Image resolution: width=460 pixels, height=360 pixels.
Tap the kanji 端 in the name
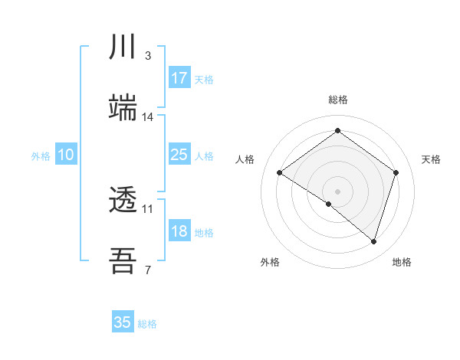point(123,108)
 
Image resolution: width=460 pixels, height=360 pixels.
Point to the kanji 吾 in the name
point(123,261)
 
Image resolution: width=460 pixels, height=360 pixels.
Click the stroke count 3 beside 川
point(147,55)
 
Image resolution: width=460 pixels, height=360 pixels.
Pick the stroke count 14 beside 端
point(148,116)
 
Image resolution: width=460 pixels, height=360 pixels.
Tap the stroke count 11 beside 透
point(148,208)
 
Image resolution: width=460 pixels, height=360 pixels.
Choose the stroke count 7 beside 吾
point(147,269)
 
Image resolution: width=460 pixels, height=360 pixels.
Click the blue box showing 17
point(179,78)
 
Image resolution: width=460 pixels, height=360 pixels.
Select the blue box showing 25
point(179,155)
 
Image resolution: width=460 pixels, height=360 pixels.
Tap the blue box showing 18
point(179,231)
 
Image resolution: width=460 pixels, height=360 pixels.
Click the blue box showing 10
point(66,155)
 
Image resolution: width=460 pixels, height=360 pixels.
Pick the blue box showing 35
point(123,322)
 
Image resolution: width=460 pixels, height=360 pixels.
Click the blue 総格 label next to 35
point(147,324)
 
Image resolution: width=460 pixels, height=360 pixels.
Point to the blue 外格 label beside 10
point(41,156)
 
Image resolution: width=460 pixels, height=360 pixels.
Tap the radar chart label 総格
point(338,100)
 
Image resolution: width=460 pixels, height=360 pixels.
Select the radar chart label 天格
point(431,159)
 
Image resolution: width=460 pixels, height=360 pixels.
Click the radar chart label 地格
point(402,262)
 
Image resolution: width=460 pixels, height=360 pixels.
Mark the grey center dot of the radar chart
point(337,191)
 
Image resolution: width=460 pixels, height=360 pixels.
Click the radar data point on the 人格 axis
point(280,173)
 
